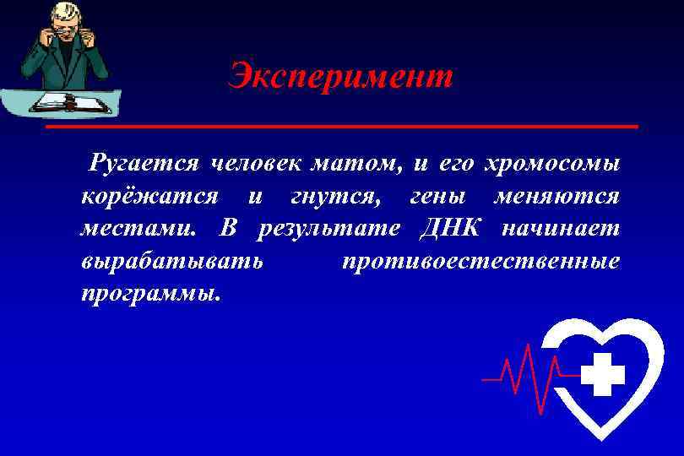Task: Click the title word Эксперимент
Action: [x=341, y=78]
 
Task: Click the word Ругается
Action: [x=144, y=162]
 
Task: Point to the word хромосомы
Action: [x=551, y=162]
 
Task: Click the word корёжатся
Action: [x=149, y=196]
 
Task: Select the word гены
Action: [x=436, y=196]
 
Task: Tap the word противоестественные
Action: [x=480, y=262]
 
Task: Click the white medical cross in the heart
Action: [x=603, y=374]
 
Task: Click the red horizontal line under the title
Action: [x=341, y=127]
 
